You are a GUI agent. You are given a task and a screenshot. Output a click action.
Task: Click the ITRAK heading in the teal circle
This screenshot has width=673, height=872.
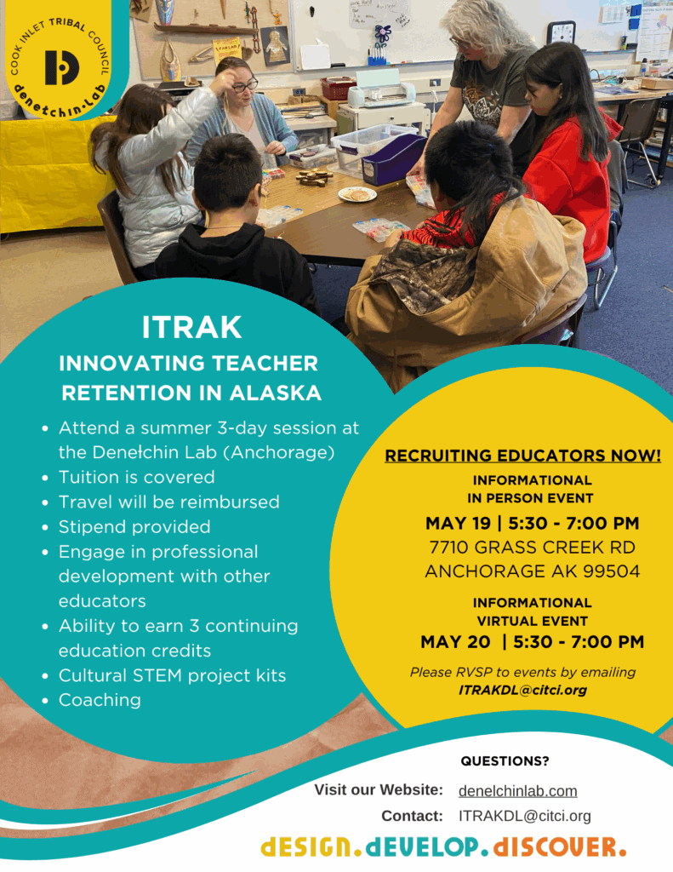(191, 327)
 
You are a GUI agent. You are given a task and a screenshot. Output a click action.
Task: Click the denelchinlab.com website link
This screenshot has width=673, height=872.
(517, 791)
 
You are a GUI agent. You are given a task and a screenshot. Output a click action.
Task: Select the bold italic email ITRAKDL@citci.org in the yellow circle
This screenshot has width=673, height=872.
(522, 690)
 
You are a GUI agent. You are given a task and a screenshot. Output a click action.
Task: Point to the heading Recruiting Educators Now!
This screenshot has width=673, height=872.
(523, 456)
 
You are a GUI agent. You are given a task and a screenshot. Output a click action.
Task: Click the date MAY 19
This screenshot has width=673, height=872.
(458, 524)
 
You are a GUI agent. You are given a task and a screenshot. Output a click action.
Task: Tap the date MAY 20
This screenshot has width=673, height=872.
(455, 642)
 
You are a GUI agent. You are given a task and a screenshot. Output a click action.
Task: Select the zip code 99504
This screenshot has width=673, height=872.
(611, 571)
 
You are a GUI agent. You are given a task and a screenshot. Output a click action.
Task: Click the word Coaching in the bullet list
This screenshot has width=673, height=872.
(100, 700)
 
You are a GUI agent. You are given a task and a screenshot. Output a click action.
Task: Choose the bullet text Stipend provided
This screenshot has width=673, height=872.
(134, 526)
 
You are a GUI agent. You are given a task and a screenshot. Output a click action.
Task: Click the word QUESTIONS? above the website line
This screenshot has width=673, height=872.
(505, 760)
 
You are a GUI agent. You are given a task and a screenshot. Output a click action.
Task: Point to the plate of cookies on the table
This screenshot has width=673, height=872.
(356, 194)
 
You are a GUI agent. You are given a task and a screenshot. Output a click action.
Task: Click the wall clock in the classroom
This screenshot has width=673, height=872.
(562, 33)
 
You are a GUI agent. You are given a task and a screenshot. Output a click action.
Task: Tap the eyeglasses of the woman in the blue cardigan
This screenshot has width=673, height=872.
(244, 85)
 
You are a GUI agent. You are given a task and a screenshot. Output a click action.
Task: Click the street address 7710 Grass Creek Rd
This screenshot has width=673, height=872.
(533, 548)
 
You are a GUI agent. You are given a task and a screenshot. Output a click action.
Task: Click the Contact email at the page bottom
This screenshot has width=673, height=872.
(525, 816)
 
